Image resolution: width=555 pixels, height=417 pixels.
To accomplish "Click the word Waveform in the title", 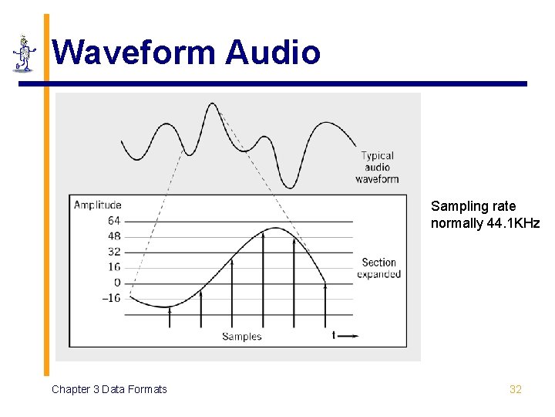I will click(135, 53).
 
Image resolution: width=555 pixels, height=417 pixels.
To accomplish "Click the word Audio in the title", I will click(273, 53).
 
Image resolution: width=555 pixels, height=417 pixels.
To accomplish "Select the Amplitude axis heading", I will click(97, 205).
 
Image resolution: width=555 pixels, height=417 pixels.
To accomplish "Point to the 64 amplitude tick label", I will click(113, 221).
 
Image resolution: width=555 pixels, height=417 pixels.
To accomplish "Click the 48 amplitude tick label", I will click(113, 236).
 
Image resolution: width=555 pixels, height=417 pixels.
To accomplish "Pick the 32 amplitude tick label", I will click(113, 252).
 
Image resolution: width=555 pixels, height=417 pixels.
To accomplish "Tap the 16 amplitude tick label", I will click(113, 267).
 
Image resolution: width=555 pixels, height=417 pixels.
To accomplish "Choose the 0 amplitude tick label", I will click(117, 283).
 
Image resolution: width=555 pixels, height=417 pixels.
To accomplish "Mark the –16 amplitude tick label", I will click(111, 298).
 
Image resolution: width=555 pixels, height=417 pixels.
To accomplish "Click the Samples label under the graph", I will click(242, 336).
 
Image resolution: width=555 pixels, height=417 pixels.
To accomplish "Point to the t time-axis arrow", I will click(345, 335).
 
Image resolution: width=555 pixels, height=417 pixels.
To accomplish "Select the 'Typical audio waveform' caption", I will click(377, 168).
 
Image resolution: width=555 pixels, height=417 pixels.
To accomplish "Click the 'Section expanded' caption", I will click(378, 269).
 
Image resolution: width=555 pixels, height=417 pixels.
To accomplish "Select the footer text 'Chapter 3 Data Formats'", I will click(109, 389).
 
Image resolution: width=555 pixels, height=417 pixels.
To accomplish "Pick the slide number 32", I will click(516, 389).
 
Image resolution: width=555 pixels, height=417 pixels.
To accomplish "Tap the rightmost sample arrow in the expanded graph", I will click(325, 305).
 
